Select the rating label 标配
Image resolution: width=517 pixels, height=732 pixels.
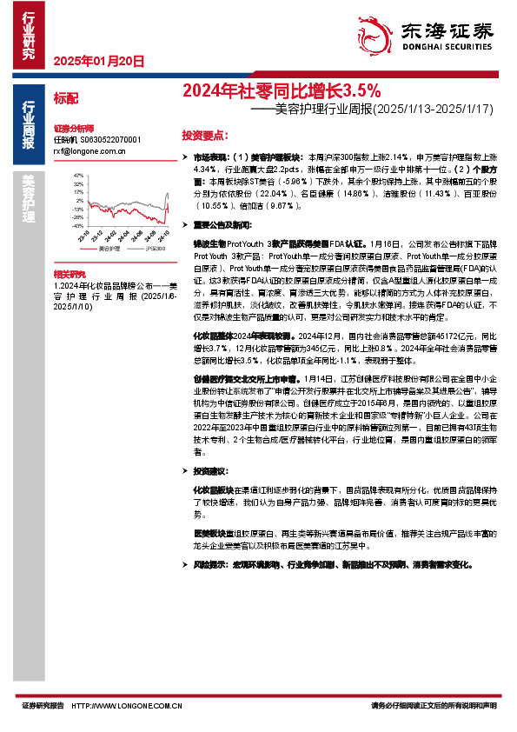point(65,98)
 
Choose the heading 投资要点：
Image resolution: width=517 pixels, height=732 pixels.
point(205,136)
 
